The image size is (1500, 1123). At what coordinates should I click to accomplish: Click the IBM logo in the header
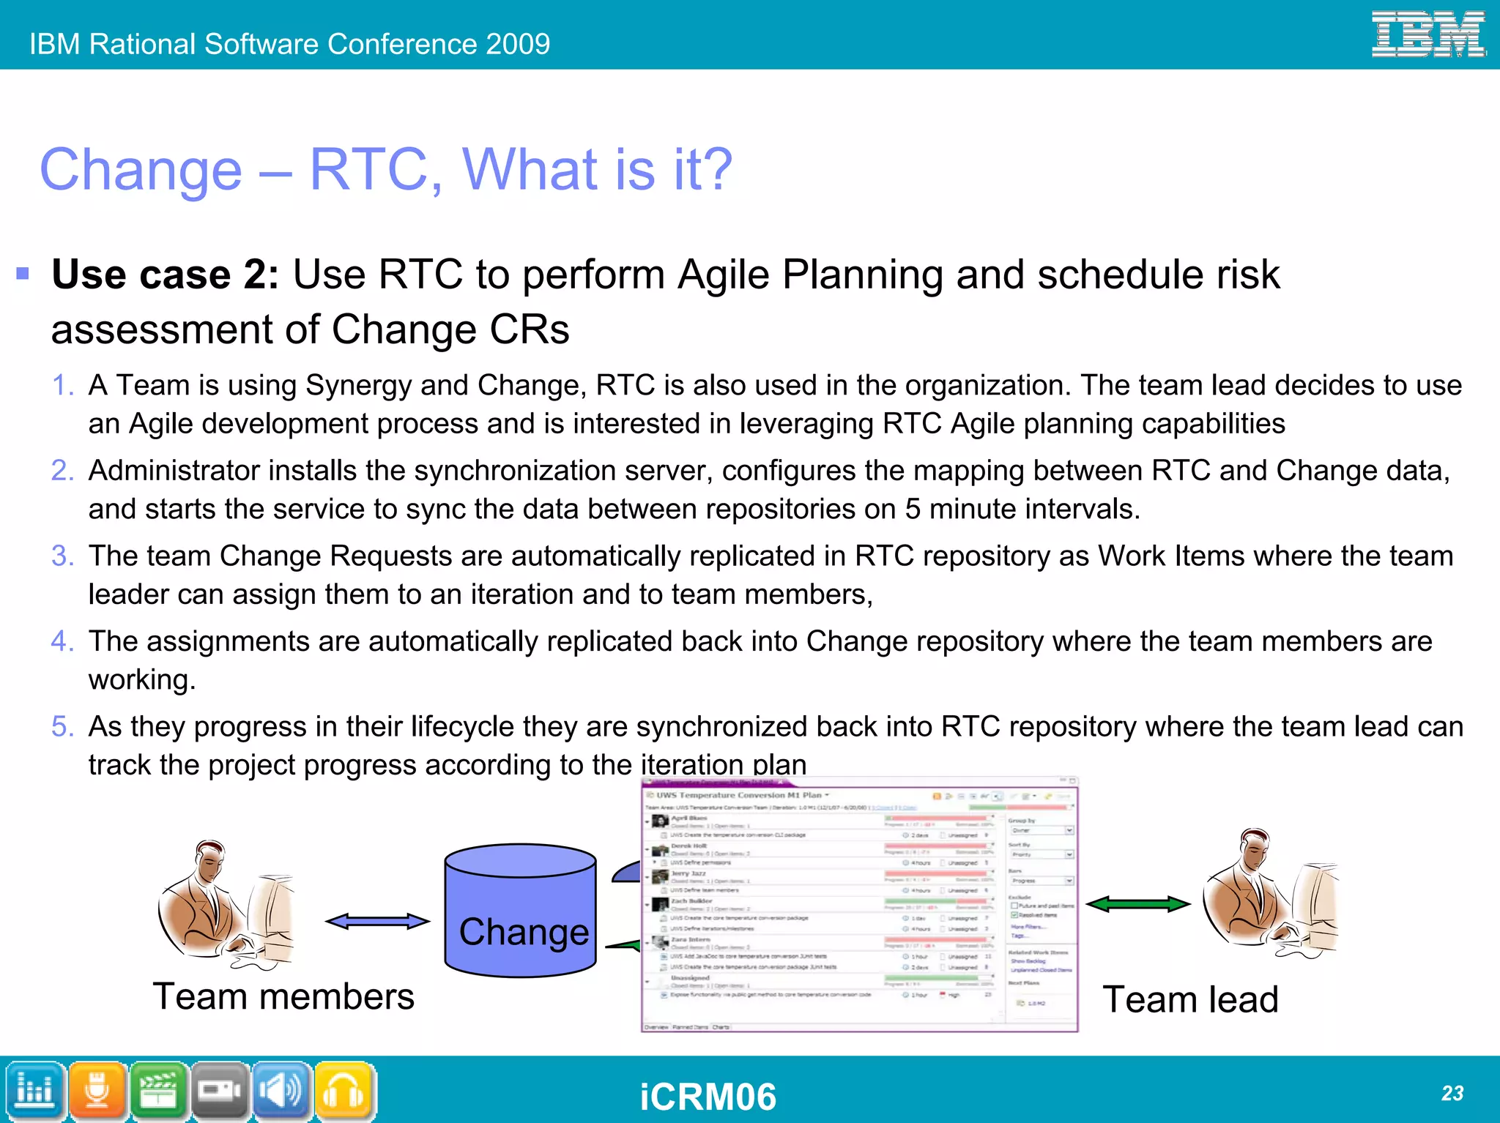(1427, 34)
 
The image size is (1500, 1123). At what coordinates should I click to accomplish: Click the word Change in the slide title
(141, 170)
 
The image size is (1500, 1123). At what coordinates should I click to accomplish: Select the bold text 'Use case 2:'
(165, 275)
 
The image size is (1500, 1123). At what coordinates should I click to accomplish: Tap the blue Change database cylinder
(521, 911)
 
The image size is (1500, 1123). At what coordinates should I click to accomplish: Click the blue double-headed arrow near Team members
(377, 921)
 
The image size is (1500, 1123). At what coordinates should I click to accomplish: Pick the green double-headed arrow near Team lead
(1137, 904)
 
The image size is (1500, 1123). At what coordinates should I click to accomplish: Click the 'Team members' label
(283, 997)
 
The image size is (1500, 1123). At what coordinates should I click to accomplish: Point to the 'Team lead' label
(1190, 1000)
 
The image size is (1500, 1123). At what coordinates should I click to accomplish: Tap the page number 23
(1452, 1093)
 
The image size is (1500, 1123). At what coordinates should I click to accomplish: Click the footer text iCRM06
(708, 1097)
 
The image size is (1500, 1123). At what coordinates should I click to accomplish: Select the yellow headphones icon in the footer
(344, 1091)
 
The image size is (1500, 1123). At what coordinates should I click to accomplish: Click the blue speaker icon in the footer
(282, 1091)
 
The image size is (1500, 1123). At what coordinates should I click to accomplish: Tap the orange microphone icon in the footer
(97, 1091)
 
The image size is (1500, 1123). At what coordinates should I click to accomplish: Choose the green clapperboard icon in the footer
(158, 1091)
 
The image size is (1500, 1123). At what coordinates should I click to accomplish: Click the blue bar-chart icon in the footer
(34, 1091)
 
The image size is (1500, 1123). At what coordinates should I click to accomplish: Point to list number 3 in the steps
(62, 556)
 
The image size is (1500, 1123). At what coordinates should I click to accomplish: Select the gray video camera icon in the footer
(220, 1091)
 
